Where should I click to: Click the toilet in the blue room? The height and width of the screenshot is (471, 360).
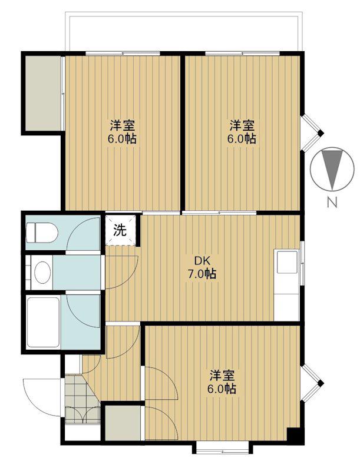click(41, 233)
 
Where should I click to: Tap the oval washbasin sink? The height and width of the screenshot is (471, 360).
click(42, 272)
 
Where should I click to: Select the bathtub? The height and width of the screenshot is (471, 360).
click(43, 322)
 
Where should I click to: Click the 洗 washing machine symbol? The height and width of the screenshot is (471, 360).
click(120, 230)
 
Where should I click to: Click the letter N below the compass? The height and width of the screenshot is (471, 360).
click(332, 203)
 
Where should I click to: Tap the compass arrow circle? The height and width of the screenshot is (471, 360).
click(332, 168)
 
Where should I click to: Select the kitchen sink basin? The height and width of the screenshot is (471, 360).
click(287, 262)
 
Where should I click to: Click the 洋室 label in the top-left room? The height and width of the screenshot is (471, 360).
click(122, 125)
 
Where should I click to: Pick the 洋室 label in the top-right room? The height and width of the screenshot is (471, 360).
click(242, 125)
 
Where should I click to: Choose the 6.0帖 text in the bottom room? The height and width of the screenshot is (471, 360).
click(222, 389)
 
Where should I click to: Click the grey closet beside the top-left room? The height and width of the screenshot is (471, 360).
click(43, 94)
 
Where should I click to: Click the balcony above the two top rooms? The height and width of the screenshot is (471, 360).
click(183, 32)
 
